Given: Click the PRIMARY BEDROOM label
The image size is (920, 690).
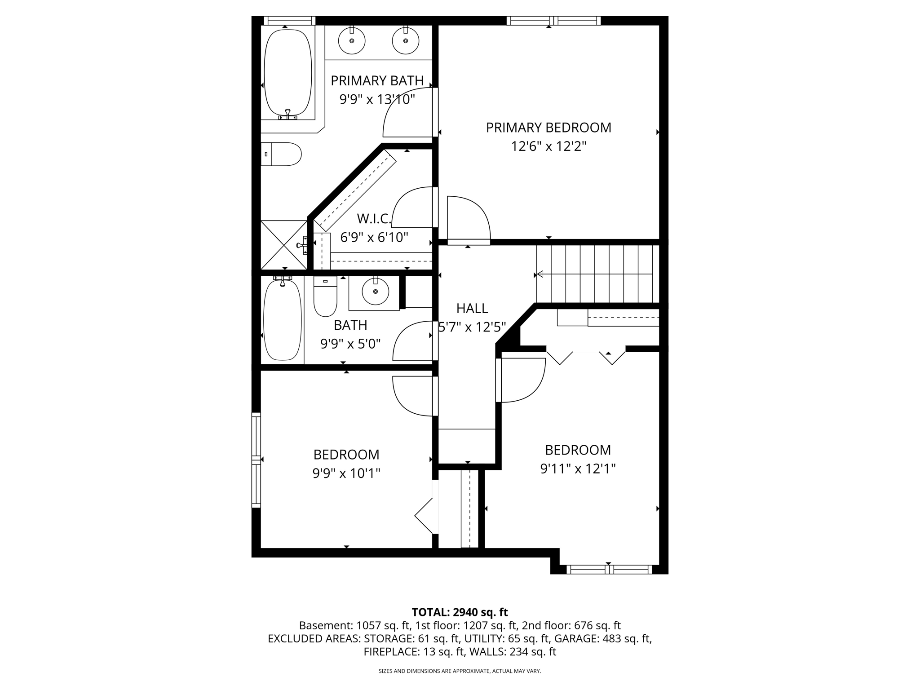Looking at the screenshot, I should point(548,128).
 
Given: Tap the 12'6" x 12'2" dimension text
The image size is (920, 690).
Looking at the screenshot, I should point(548,146).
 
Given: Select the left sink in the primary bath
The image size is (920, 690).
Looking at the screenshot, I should point(351,40).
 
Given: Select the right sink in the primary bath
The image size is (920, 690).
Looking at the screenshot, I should point(405,40).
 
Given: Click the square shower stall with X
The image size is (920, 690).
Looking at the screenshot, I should point(284,245).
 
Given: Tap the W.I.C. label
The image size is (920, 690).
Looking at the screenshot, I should point(374,219).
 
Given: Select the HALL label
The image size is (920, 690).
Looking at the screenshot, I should point(472,309).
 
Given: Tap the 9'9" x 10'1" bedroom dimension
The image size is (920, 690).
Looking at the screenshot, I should point(346,473).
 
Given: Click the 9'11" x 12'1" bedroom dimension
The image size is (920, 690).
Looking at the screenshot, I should point(578,469).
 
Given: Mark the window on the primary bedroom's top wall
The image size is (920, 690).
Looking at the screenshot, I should point(553,21).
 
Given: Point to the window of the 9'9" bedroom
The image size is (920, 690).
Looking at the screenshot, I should point(256,460).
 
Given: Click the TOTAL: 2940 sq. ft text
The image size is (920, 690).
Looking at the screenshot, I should point(460,612).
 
